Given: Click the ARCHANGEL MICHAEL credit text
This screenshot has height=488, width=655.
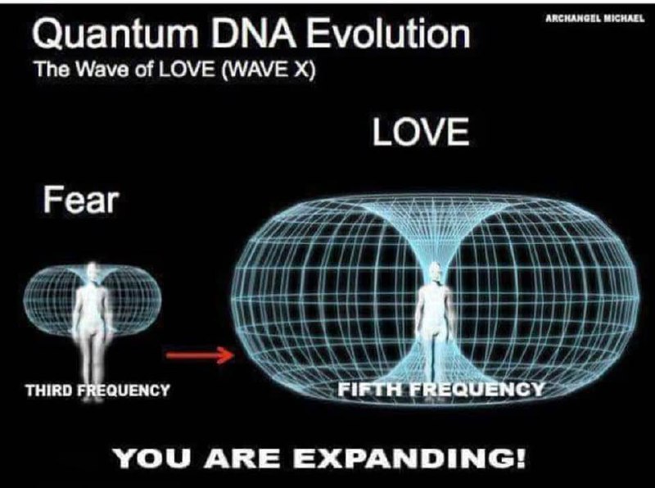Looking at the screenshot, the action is (x=595, y=18).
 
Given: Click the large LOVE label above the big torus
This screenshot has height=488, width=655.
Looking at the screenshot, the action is (x=421, y=131).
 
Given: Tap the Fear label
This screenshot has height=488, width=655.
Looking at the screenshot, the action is (x=80, y=199).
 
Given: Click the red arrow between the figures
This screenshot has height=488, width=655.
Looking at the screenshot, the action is (x=199, y=355).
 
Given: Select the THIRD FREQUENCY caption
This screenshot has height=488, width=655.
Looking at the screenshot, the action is (x=97, y=391).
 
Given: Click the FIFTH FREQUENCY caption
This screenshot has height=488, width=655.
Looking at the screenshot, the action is (x=440, y=390).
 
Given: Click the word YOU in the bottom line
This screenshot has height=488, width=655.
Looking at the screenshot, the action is (x=154, y=459).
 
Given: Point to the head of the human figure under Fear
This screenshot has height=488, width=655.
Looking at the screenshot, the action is (x=92, y=273).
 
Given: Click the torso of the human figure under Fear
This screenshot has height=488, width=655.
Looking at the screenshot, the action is (x=92, y=307).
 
